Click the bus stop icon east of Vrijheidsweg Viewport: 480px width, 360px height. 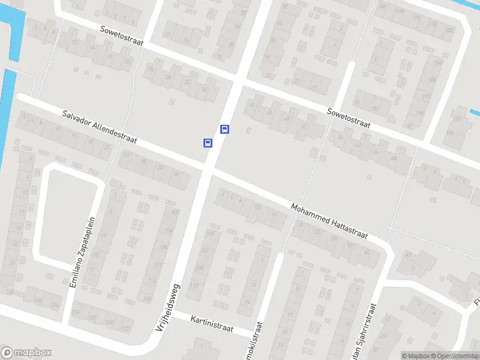(224, 128)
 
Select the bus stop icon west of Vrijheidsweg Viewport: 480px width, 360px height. (207, 142)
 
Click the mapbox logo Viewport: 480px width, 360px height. (26, 353)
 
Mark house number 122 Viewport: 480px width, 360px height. (126, 329)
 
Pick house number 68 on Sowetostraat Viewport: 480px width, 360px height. (394, 158)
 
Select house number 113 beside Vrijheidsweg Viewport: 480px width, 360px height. (194, 286)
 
